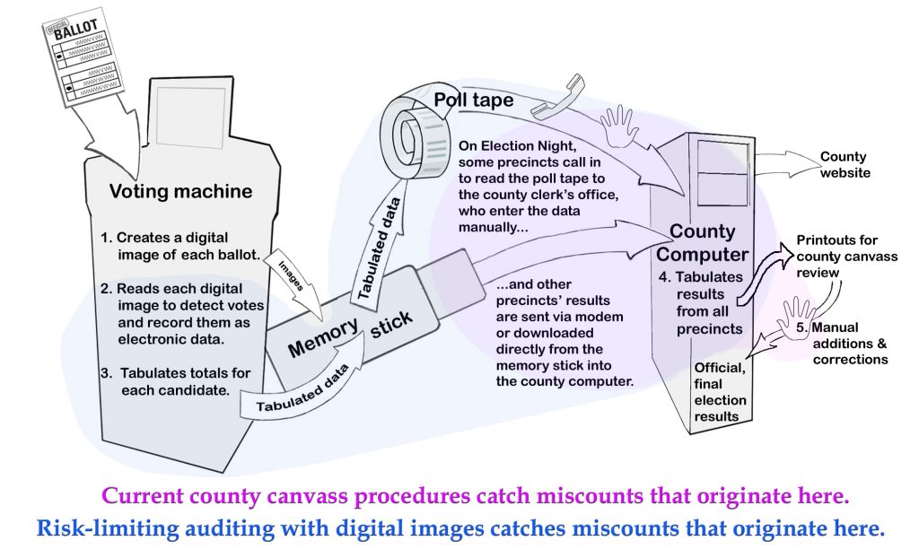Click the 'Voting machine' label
pos(180,191)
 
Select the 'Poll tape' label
pos(474,100)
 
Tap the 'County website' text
pos(844,165)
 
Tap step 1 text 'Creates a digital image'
pos(179,246)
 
